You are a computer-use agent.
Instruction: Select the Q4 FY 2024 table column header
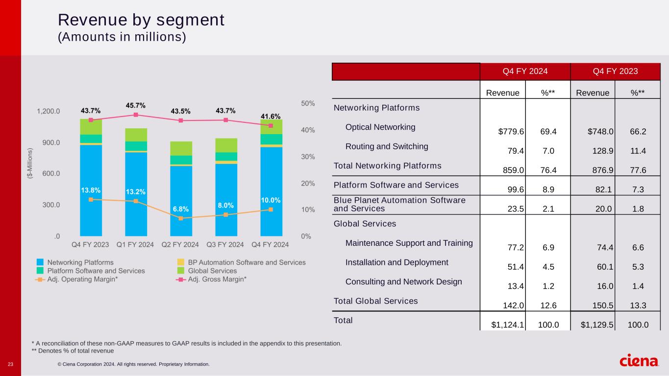525,71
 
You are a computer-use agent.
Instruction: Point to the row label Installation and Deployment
396,262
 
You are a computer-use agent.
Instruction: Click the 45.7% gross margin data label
136,105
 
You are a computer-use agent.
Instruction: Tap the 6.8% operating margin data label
181,209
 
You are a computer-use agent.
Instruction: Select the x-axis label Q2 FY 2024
180,244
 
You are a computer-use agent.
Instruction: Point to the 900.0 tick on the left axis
49,142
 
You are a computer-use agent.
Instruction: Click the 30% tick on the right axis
308,157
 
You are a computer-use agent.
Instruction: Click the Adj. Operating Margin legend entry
81,279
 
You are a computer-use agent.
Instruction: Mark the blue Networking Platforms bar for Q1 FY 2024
136,196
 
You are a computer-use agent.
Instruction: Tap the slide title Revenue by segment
141,20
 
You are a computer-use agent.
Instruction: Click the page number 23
11,364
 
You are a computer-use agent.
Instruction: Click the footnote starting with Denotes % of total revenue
73,351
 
